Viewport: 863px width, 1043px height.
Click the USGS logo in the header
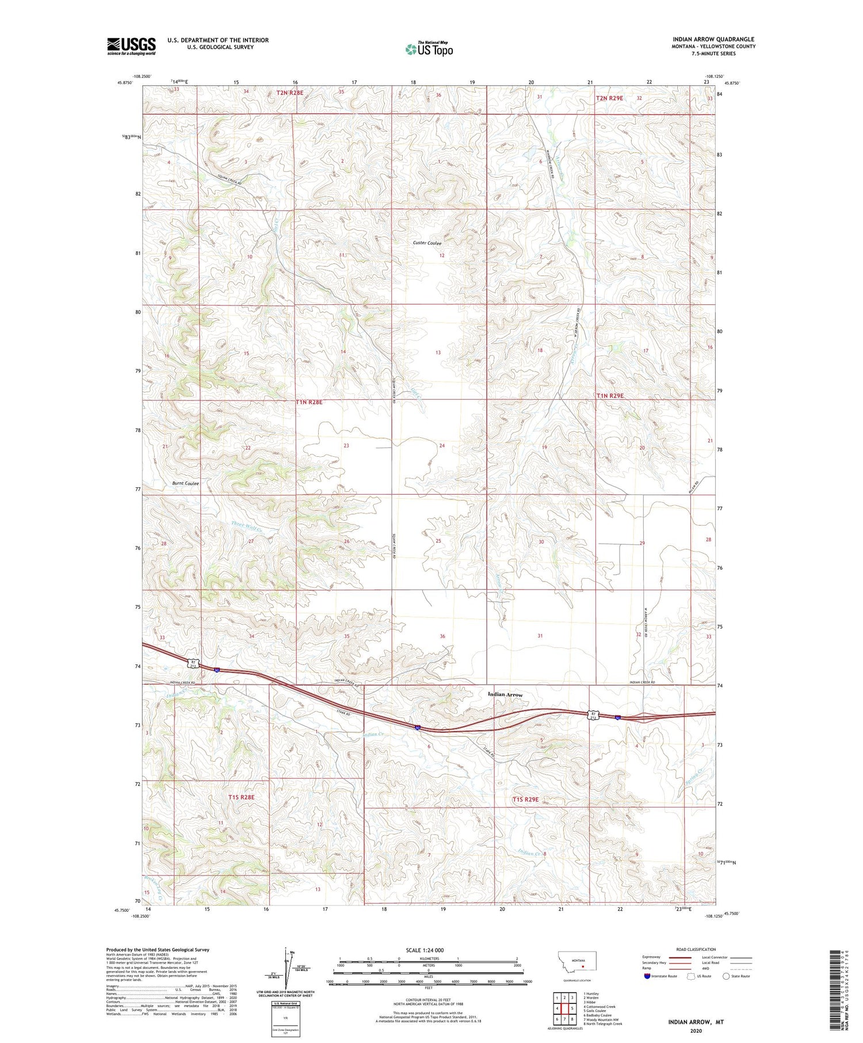[x=131, y=46]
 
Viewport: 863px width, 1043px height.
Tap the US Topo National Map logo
[x=429, y=49]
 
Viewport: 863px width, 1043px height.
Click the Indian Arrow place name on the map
[x=505, y=694]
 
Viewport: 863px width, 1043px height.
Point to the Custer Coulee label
[x=427, y=243]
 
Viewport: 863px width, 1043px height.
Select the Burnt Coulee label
[x=185, y=483]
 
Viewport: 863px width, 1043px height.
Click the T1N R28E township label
[x=309, y=402]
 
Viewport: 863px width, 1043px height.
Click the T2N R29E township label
[x=609, y=98]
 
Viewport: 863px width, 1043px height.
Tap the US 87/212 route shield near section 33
[x=192, y=663]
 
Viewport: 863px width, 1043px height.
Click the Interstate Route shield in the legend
[x=647, y=976]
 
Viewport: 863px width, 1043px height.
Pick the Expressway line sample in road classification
[x=682, y=957]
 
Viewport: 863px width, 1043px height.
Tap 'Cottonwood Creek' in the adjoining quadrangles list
[x=599, y=1007]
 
